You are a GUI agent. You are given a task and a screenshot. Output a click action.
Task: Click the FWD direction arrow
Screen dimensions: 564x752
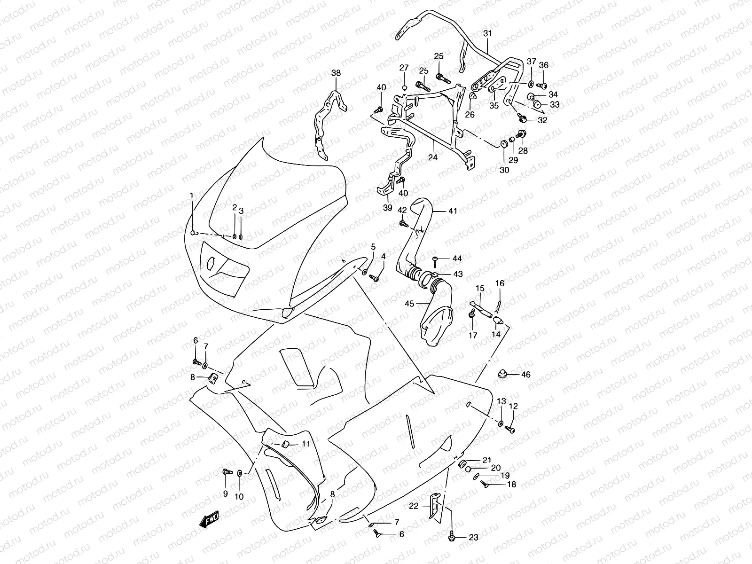pyautogui.click(x=211, y=520)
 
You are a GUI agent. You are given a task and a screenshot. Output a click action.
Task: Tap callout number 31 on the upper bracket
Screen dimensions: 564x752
pyautogui.click(x=487, y=33)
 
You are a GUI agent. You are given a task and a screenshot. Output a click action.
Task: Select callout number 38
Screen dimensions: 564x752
pyautogui.click(x=336, y=73)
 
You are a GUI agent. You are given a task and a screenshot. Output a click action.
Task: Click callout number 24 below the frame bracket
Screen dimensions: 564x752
pyautogui.click(x=432, y=157)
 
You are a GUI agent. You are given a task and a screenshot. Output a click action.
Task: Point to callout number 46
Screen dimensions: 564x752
pyautogui.click(x=526, y=375)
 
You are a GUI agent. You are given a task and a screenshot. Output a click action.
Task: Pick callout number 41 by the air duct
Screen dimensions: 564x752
pyautogui.click(x=452, y=211)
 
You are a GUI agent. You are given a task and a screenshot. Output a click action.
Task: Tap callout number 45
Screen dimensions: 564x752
pyautogui.click(x=409, y=304)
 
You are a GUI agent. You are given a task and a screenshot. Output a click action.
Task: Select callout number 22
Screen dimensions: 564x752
pyautogui.click(x=413, y=506)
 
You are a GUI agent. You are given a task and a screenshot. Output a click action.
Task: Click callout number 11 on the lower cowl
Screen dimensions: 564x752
pyautogui.click(x=306, y=443)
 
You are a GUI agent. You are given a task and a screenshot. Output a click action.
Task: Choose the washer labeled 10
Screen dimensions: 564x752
pyautogui.click(x=240, y=472)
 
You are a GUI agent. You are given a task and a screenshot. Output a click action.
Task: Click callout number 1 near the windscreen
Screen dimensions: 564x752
pyautogui.click(x=191, y=195)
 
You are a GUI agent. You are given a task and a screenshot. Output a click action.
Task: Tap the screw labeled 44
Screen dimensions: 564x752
pyautogui.click(x=435, y=258)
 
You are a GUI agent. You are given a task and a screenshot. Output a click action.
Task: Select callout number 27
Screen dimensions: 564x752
pyautogui.click(x=404, y=68)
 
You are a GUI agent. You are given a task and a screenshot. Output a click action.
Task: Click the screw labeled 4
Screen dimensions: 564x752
pyautogui.click(x=374, y=278)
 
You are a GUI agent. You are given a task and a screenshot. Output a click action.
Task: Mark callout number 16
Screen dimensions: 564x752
pyautogui.click(x=500, y=283)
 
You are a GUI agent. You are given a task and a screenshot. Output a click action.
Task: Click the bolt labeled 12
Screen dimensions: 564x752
pyautogui.click(x=511, y=429)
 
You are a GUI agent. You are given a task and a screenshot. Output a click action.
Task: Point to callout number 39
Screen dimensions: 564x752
pyautogui.click(x=387, y=208)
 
